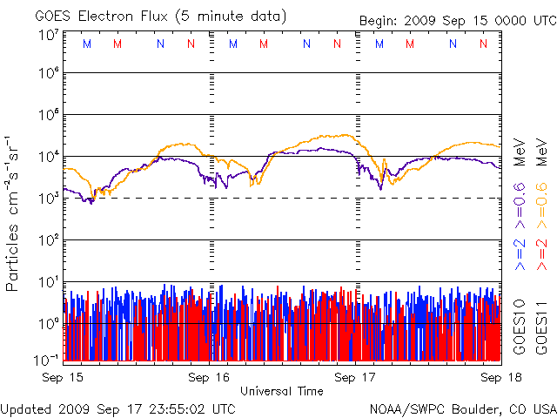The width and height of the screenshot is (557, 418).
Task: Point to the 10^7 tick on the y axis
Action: [x=48, y=35]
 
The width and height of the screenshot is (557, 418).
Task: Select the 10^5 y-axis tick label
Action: [x=48, y=115]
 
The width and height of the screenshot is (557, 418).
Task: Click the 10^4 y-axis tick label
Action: [x=48, y=157]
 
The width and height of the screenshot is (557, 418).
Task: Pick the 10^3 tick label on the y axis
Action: [x=48, y=199]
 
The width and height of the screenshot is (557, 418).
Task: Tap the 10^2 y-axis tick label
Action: [x=48, y=240]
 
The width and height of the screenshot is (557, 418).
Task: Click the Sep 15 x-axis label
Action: [x=63, y=377]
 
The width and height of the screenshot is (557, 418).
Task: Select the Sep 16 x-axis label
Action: [x=209, y=377]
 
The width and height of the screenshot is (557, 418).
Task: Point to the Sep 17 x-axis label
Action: [x=355, y=377]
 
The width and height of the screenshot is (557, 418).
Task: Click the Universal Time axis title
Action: [x=282, y=391]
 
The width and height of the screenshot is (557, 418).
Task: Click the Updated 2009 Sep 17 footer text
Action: [x=118, y=408]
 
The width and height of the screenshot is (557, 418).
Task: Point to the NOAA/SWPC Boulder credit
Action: [x=462, y=408]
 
